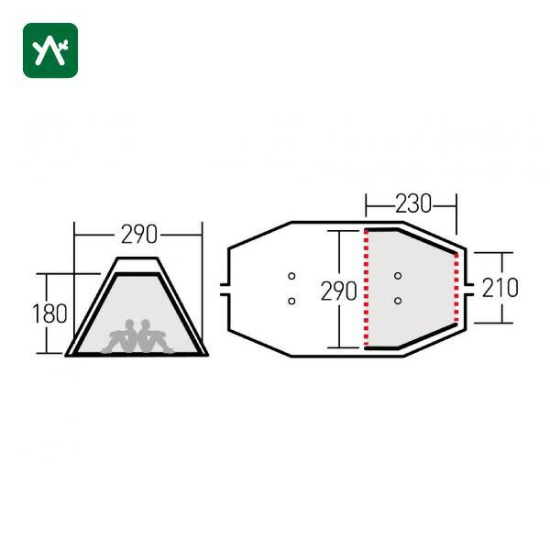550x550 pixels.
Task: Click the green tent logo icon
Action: (x=50, y=50)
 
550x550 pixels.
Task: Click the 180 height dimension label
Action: (x=49, y=313)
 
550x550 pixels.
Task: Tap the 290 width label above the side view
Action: (x=139, y=235)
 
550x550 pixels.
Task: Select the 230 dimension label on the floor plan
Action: (x=413, y=203)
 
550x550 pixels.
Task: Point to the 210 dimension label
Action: (x=500, y=288)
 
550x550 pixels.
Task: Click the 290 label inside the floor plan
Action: (x=338, y=291)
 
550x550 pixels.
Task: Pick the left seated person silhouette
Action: (x=120, y=336)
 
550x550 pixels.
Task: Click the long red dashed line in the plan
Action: (x=366, y=289)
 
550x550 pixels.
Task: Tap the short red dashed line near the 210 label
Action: (x=456, y=288)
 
